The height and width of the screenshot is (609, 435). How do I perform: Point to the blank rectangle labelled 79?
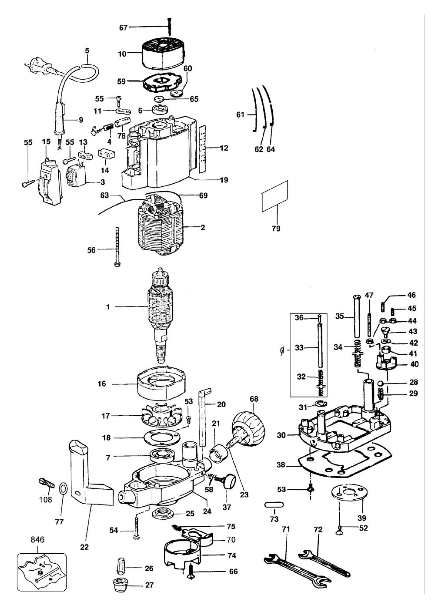(274, 196)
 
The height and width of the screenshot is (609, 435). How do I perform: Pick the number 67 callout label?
(124, 27)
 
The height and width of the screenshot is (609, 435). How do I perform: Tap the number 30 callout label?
(281, 435)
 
